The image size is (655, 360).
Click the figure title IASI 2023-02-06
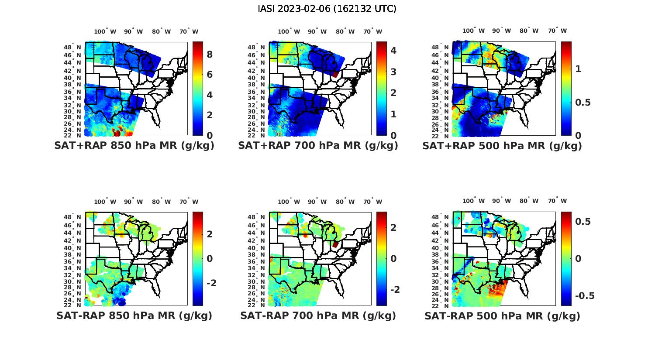pos(327,9)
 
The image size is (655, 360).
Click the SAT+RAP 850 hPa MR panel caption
pos(134,146)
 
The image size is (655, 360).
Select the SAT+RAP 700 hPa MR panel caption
pos(318,146)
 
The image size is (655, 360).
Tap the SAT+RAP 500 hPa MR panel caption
pos(502,146)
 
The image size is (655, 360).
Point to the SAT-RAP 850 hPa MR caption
pos(134,315)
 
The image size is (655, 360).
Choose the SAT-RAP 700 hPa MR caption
pos(318,315)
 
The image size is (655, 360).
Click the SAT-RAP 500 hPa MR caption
pos(502,316)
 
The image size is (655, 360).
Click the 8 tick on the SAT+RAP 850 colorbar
pos(210,55)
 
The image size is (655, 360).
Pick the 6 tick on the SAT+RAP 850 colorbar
pos(210,75)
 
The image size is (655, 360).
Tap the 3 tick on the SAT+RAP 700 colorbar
pos(393,72)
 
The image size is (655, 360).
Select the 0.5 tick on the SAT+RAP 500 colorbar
pos(583,102)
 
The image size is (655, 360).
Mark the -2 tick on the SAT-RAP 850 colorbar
pos(211,283)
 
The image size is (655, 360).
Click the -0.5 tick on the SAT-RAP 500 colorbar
pos(585,296)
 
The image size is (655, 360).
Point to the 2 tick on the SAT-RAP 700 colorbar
pos(393,227)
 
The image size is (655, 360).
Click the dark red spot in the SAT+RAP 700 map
pos(335,75)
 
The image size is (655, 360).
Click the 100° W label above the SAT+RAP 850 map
pos(105,31)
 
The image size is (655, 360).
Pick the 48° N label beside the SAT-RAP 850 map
pos(76,217)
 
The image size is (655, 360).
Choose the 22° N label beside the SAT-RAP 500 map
pos(444,305)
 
